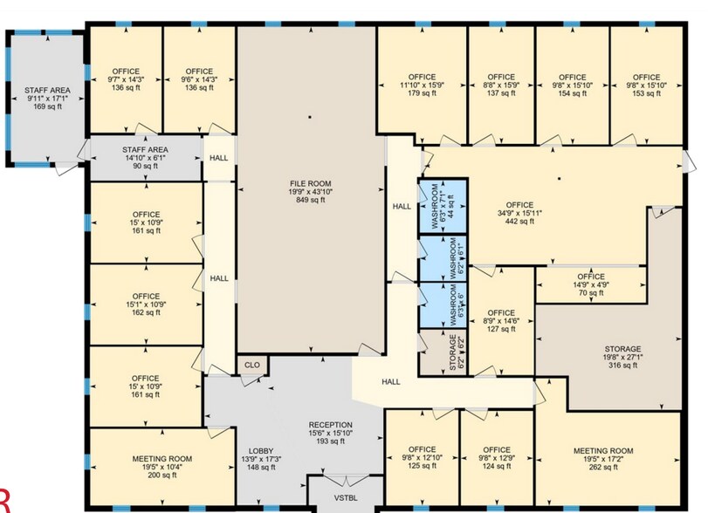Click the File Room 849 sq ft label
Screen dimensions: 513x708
coord(308,191)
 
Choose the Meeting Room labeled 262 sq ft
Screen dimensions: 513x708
coord(608,458)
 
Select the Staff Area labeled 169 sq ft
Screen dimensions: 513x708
coord(46,98)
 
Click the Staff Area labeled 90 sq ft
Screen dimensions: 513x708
coord(145,158)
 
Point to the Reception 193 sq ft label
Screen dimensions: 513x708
coord(330,433)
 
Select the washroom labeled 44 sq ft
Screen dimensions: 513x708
coord(443,203)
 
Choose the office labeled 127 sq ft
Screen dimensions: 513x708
coord(500,321)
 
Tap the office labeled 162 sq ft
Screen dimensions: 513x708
coord(146,304)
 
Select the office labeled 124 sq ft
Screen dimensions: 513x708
coord(496,458)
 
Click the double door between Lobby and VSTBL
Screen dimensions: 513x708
coord(342,482)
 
